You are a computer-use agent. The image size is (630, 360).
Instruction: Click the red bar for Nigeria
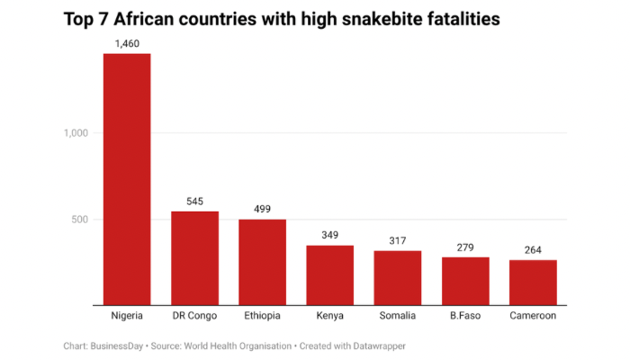127,180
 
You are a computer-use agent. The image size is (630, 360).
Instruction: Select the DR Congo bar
194,258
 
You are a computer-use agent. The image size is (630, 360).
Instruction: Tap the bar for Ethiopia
262,262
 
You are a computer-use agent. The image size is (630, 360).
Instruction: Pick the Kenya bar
329,275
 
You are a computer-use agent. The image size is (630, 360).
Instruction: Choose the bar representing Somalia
398,278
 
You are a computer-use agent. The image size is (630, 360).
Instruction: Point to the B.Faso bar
465,281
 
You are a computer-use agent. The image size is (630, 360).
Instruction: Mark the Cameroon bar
533,283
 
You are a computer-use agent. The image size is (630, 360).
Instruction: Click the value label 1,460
127,43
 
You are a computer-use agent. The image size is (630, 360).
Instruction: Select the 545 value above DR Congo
194,201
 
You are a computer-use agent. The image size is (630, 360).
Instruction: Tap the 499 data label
262,209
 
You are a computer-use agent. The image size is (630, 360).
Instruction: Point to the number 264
533,249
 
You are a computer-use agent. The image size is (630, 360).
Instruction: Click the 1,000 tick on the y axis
76,133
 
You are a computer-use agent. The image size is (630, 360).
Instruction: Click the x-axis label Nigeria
127,317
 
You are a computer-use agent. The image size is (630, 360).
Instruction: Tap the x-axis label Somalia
398,317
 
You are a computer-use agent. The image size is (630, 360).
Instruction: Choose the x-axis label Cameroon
533,317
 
